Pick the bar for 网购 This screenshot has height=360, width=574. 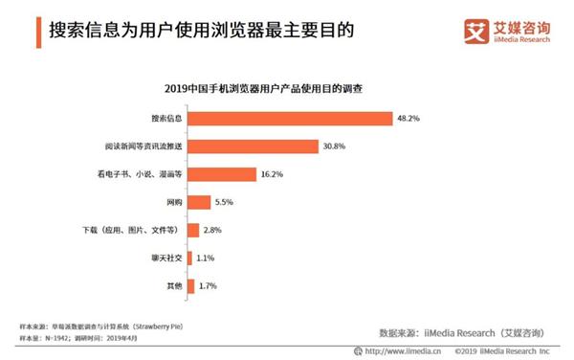pyautogui.click(x=199, y=202)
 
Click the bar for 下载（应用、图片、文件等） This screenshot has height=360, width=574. pyautogui.click(x=193, y=230)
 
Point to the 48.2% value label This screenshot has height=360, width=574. pyautogui.click(x=408, y=118)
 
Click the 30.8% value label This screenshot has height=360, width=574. pyautogui.click(x=334, y=146)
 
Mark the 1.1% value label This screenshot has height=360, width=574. pyautogui.click(x=207, y=258)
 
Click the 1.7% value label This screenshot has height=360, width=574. pyautogui.click(x=209, y=285)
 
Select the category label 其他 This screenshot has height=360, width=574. pyautogui.click(x=173, y=285)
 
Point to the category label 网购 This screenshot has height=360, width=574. pyautogui.click(x=173, y=202)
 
